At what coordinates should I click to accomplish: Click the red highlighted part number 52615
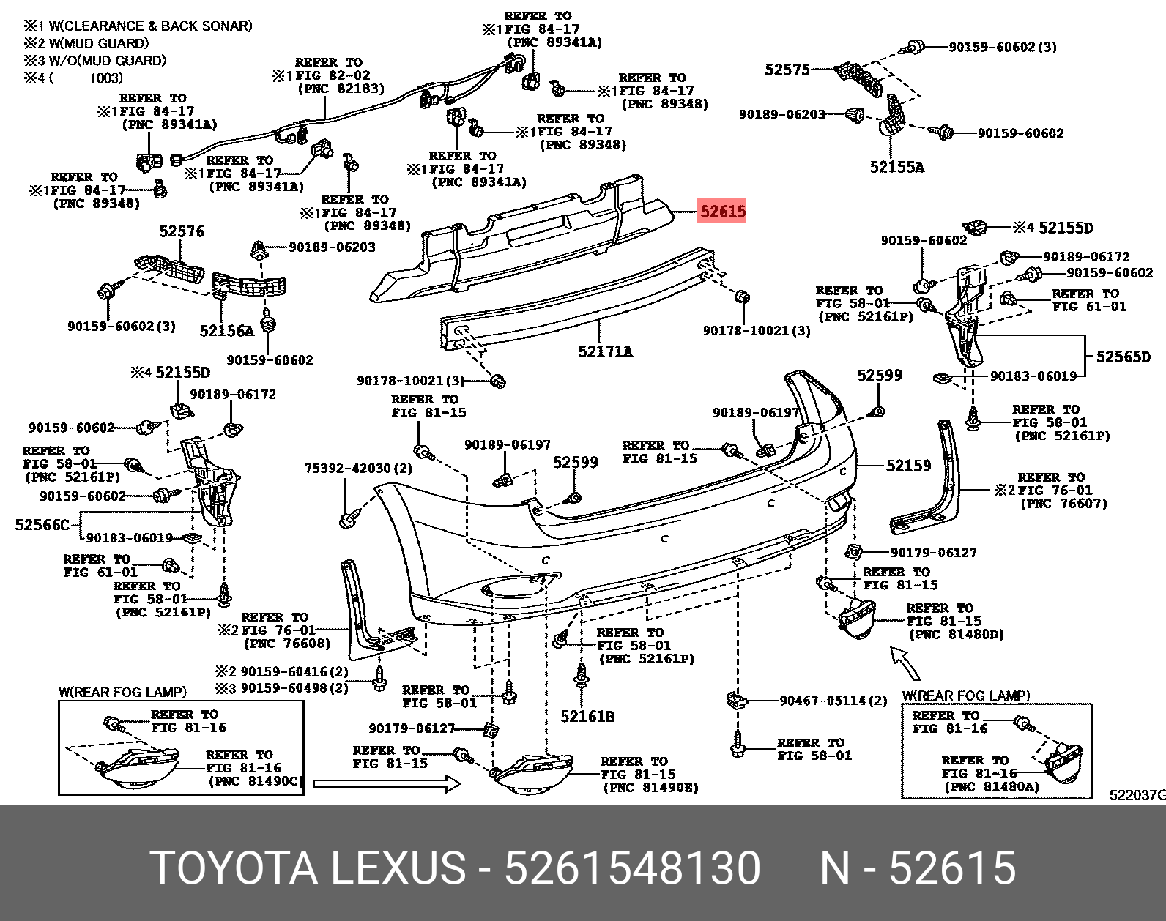pos(722,212)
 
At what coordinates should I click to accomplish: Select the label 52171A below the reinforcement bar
pos(605,352)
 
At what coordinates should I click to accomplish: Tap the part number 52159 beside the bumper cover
pos(908,466)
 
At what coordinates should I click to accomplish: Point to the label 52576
pos(182,232)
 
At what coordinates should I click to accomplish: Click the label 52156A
pos(226,331)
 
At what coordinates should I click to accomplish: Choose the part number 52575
pos(787,70)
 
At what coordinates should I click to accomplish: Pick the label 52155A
pos(896,167)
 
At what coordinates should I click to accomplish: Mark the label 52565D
pos(1123,357)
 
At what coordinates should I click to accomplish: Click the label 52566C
pos(42,525)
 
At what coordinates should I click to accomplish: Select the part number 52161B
pos(587,717)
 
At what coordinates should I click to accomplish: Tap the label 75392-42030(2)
pos(358,469)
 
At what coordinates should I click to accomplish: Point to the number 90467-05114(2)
pos(833,701)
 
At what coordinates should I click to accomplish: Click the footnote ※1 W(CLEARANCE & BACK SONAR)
pos(138,26)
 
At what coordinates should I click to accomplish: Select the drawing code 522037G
pos(1137,795)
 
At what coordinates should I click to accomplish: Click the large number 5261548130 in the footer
pos(632,869)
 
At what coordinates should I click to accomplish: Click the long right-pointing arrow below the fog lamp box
pos(387,784)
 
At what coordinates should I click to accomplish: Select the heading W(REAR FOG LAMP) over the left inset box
pos(122,692)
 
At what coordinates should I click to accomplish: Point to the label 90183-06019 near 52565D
pos(1033,376)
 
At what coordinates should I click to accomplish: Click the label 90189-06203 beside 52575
pos(781,115)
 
